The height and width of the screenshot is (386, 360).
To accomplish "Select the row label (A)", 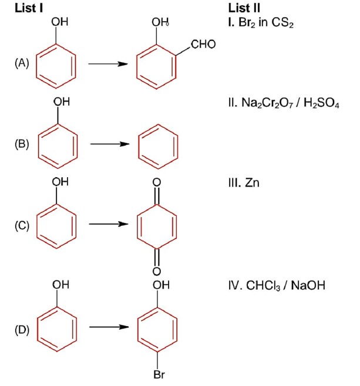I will click(x=22, y=63).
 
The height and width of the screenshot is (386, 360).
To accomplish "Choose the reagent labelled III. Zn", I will click(x=244, y=183).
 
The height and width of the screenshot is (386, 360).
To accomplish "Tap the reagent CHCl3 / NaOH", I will click(x=276, y=286).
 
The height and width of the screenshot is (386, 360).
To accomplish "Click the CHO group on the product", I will click(x=204, y=45).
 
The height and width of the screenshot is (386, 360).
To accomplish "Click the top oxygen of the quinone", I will click(x=157, y=183).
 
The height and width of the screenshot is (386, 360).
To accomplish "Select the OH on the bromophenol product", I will click(x=160, y=286).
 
